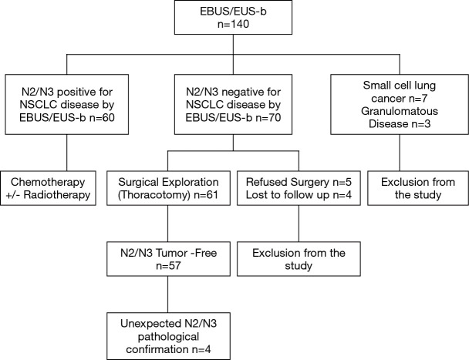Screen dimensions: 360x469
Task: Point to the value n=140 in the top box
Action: click(235, 27)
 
